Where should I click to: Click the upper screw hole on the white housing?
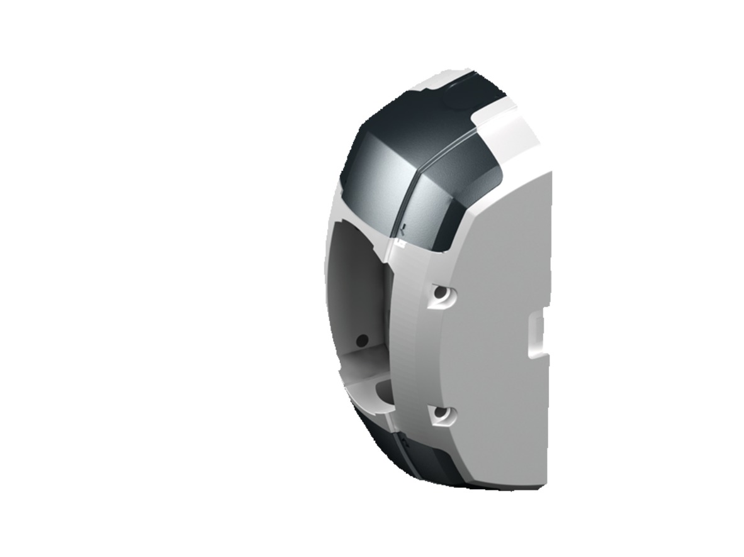(440, 294)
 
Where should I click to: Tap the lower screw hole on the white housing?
(440, 414)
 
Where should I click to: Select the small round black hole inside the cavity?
(361, 340)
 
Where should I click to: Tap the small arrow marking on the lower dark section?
(405, 443)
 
